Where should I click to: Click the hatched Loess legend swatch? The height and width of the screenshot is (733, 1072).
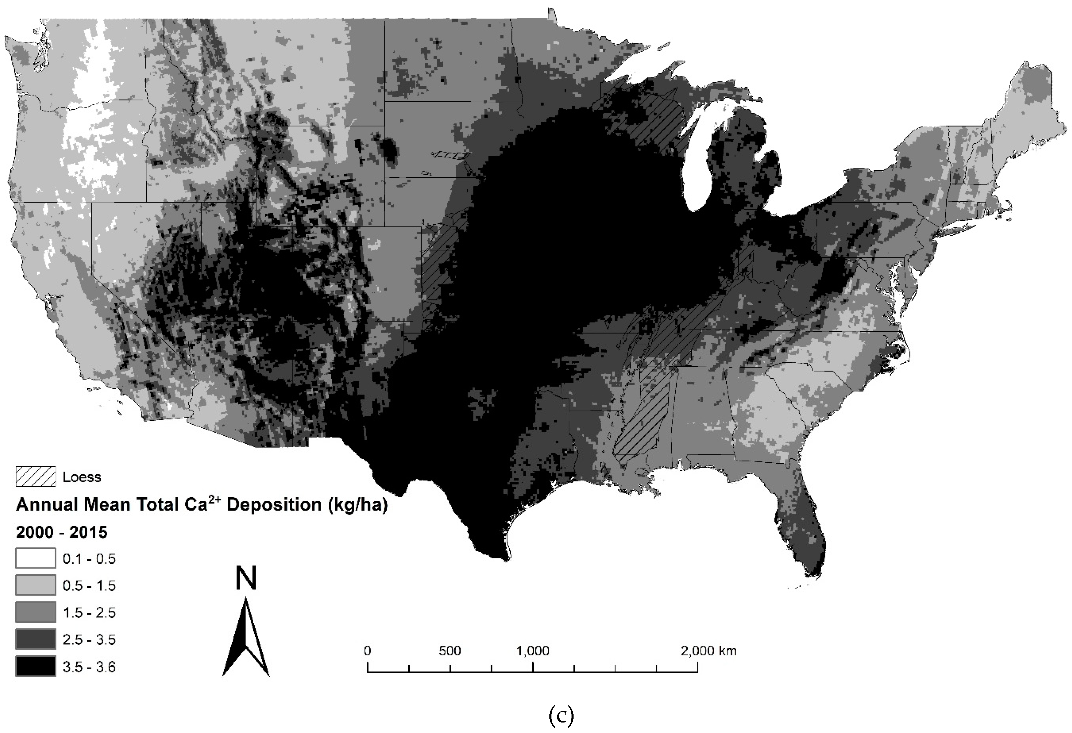pyautogui.click(x=36, y=477)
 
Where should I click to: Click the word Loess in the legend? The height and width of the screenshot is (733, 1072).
pyautogui.click(x=82, y=477)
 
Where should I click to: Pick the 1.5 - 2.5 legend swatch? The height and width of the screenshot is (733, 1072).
pyautogui.click(x=36, y=612)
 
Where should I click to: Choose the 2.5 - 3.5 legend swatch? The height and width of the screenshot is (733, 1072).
pyautogui.click(x=36, y=639)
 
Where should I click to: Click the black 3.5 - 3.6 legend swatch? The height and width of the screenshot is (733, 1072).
pyautogui.click(x=36, y=666)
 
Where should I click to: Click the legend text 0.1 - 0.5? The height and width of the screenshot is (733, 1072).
pyautogui.click(x=89, y=559)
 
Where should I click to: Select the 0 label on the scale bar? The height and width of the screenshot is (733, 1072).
pyautogui.click(x=367, y=651)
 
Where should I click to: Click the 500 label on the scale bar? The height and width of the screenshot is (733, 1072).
pyautogui.click(x=450, y=651)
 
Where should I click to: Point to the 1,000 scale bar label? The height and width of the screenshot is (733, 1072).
pyautogui.click(x=533, y=651)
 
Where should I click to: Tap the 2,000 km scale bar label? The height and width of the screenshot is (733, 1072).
pyautogui.click(x=708, y=651)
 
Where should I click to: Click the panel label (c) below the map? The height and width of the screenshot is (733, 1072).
pyautogui.click(x=561, y=716)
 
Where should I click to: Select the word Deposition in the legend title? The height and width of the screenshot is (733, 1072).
pyautogui.click(x=274, y=505)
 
